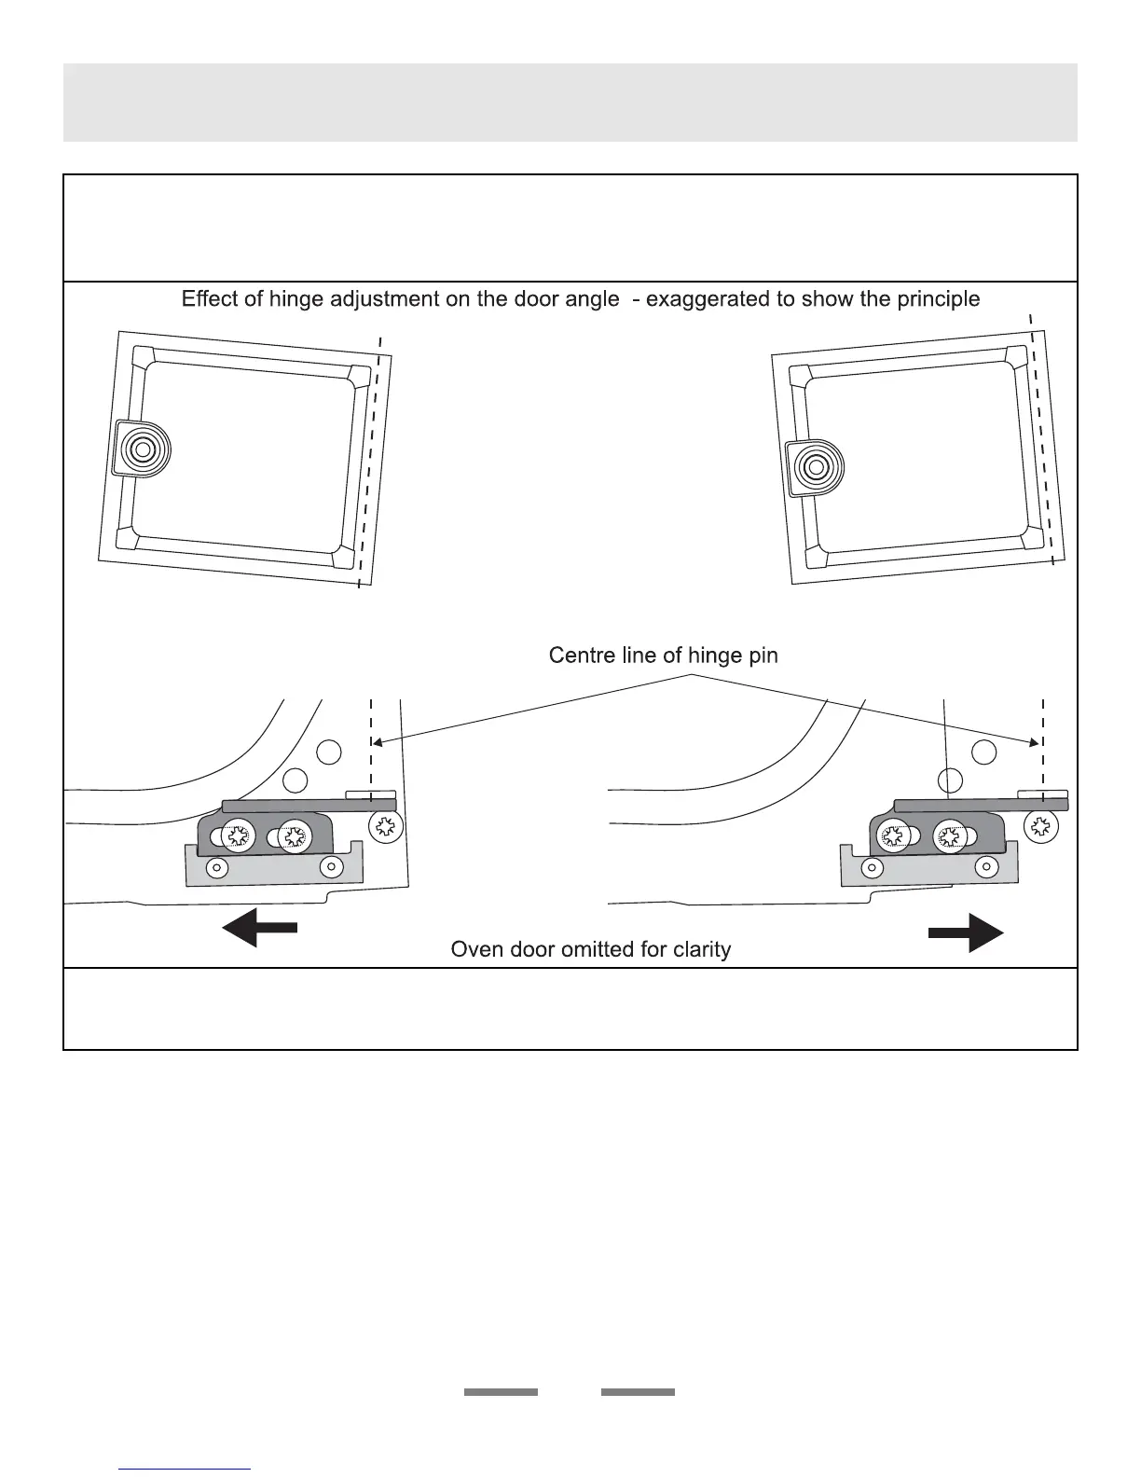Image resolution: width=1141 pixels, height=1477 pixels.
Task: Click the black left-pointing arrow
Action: (x=259, y=929)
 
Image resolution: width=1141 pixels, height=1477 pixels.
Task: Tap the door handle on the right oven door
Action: (x=816, y=465)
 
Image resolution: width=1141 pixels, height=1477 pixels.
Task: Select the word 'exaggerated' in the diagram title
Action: (x=715, y=299)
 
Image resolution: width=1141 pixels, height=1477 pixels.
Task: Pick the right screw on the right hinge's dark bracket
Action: (x=950, y=836)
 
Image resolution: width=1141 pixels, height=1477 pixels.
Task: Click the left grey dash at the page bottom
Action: (x=502, y=1392)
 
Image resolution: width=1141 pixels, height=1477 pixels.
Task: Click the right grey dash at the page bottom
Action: (x=638, y=1392)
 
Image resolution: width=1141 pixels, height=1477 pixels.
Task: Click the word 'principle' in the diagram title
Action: (x=936, y=299)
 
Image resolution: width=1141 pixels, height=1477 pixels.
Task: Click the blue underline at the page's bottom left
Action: (x=185, y=1470)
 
